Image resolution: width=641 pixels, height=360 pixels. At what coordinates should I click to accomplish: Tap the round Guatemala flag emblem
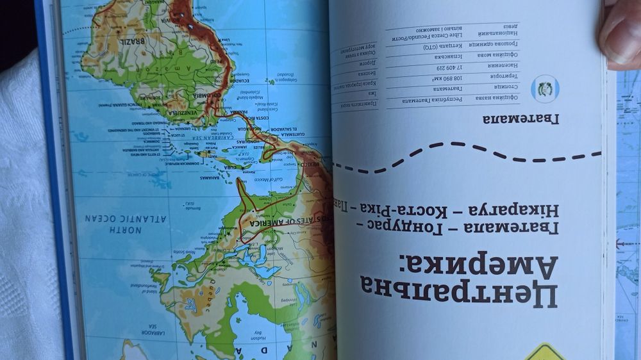tap(545, 89)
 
